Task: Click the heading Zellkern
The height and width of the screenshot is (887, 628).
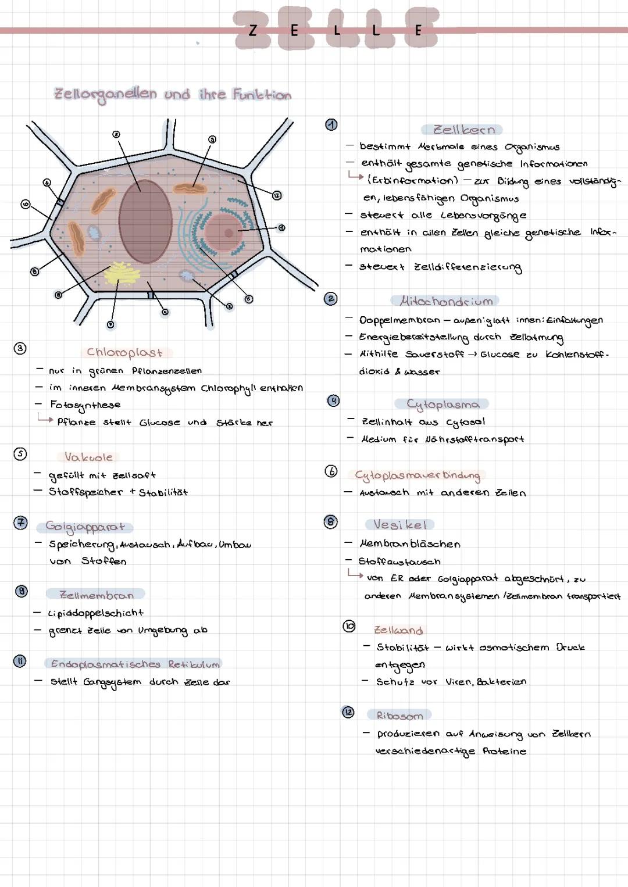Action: (x=463, y=130)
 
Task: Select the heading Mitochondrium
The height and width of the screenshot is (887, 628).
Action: (x=446, y=301)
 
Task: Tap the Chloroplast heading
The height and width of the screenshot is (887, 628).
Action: (x=124, y=352)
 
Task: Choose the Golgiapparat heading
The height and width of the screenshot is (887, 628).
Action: (x=85, y=527)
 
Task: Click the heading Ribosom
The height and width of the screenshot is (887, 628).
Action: (x=399, y=716)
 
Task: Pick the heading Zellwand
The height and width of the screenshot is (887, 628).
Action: (x=398, y=630)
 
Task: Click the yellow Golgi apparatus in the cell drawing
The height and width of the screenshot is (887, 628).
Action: (x=122, y=273)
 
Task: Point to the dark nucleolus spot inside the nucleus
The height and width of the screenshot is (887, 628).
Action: (x=229, y=233)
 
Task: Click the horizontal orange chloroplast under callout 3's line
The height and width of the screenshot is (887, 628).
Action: (x=191, y=189)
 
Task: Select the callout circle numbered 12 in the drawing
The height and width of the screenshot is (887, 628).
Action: (x=277, y=195)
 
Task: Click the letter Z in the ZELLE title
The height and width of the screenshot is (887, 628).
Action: (x=252, y=31)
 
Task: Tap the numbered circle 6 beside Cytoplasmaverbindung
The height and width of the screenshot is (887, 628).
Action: (x=331, y=471)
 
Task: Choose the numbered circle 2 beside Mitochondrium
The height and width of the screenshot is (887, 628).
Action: (x=331, y=299)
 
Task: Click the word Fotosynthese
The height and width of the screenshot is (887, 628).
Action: (x=85, y=405)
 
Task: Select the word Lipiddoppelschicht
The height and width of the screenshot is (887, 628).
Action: (x=96, y=613)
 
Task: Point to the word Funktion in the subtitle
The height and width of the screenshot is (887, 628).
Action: (x=262, y=95)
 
